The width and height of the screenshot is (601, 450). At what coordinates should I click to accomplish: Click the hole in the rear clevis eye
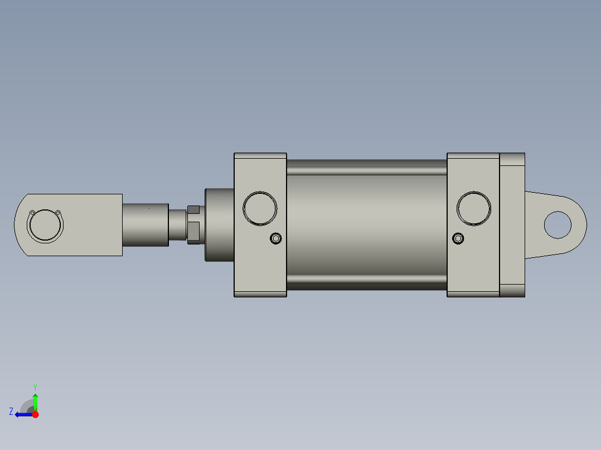(x=558, y=224)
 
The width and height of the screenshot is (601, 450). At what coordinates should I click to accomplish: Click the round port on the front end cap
(x=260, y=208)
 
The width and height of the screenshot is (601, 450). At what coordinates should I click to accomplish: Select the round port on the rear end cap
(x=474, y=208)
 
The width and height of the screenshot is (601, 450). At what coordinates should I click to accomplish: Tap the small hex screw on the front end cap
(x=275, y=239)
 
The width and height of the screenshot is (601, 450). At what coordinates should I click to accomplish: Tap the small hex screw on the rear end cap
(x=458, y=239)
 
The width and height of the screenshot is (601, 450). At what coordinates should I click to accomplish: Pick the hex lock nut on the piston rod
(x=193, y=224)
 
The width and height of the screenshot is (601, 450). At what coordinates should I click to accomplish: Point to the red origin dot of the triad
(x=35, y=414)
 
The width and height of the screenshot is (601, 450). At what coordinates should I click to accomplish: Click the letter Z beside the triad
(x=11, y=412)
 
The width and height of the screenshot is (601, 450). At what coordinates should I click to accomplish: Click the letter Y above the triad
(x=35, y=387)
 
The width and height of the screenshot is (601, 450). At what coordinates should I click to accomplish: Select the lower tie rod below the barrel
(x=366, y=284)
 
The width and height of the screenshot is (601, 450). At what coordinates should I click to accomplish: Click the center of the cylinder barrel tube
(x=366, y=224)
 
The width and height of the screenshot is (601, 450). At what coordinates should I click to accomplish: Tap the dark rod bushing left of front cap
(x=219, y=225)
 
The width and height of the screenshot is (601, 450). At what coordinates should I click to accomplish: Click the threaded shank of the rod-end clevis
(x=145, y=225)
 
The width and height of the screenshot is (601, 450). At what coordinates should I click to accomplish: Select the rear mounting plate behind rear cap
(x=512, y=224)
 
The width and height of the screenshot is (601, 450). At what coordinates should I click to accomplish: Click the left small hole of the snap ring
(x=32, y=213)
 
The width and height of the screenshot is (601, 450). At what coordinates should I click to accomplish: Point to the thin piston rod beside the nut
(x=177, y=224)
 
